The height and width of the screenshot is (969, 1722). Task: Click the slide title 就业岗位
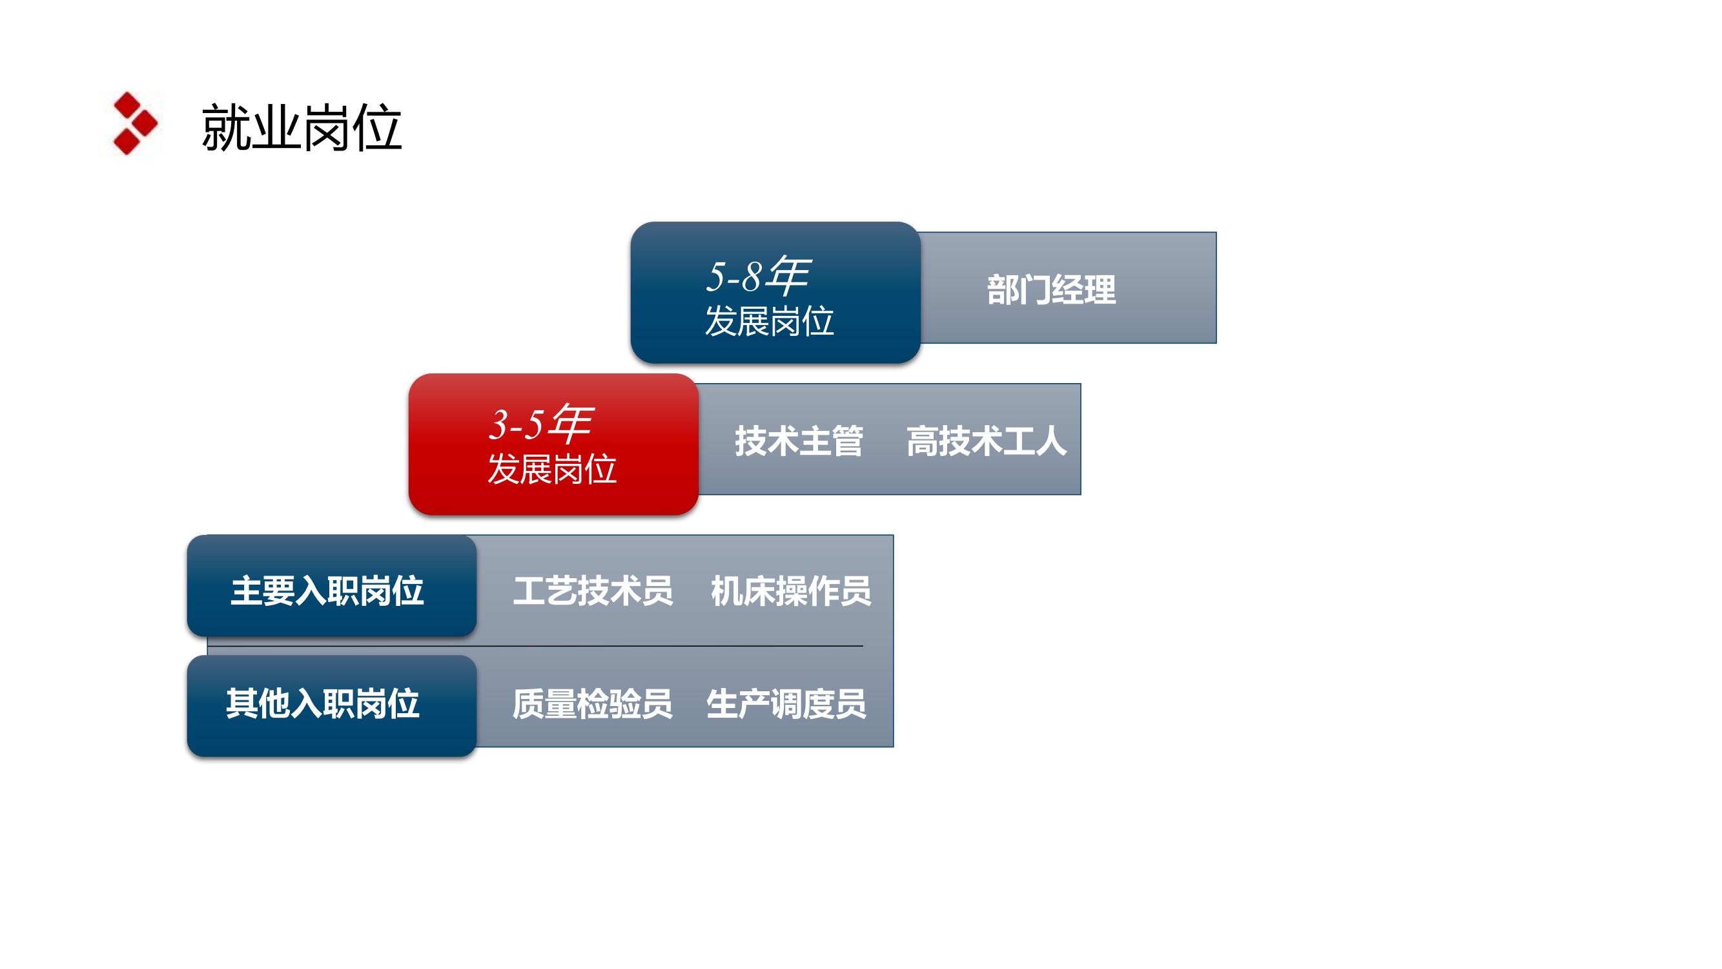(x=302, y=127)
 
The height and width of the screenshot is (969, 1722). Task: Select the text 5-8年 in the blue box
(x=758, y=276)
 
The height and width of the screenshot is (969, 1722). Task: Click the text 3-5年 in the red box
(x=541, y=423)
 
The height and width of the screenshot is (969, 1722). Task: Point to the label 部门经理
(x=1052, y=289)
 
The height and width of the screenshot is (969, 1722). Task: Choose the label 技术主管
(x=799, y=441)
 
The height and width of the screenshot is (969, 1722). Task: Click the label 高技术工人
(x=986, y=441)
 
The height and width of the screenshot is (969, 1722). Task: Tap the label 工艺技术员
(x=593, y=591)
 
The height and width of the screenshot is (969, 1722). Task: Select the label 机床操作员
(x=791, y=591)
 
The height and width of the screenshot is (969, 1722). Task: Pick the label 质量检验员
(x=592, y=704)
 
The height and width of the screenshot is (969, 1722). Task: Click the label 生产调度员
(x=786, y=704)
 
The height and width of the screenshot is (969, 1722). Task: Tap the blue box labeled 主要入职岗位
(x=332, y=585)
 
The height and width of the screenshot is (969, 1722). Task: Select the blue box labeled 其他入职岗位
(x=332, y=706)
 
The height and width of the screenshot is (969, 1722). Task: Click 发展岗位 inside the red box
(x=552, y=469)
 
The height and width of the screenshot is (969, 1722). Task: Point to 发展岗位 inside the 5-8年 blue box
(x=770, y=321)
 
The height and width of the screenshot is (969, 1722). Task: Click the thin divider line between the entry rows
(x=535, y=646)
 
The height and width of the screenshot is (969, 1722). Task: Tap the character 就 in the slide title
(x=226, y=127)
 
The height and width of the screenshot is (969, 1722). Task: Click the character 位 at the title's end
(x=377, y=127)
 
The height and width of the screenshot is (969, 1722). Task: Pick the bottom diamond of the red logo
(x=127, y=141)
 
